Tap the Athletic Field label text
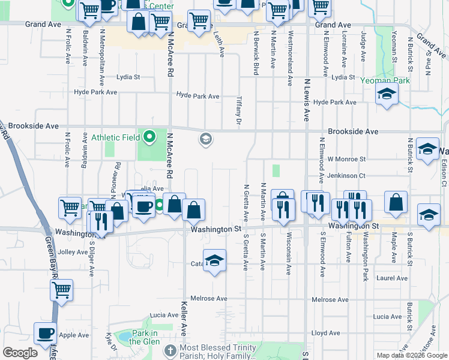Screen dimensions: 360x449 [x=114, y=137]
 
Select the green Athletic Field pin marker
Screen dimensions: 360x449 [x=148, y=137]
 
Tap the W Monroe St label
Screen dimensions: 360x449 [x=346, y=159]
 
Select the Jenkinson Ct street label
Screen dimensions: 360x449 [x=346, y=175]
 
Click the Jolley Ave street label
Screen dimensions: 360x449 [x=74, y=252]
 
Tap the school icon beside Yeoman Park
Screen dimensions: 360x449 [x=387, y=93]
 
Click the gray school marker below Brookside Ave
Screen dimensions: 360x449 [x=205, y=140]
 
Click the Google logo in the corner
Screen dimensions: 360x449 [x=20, y=353]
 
